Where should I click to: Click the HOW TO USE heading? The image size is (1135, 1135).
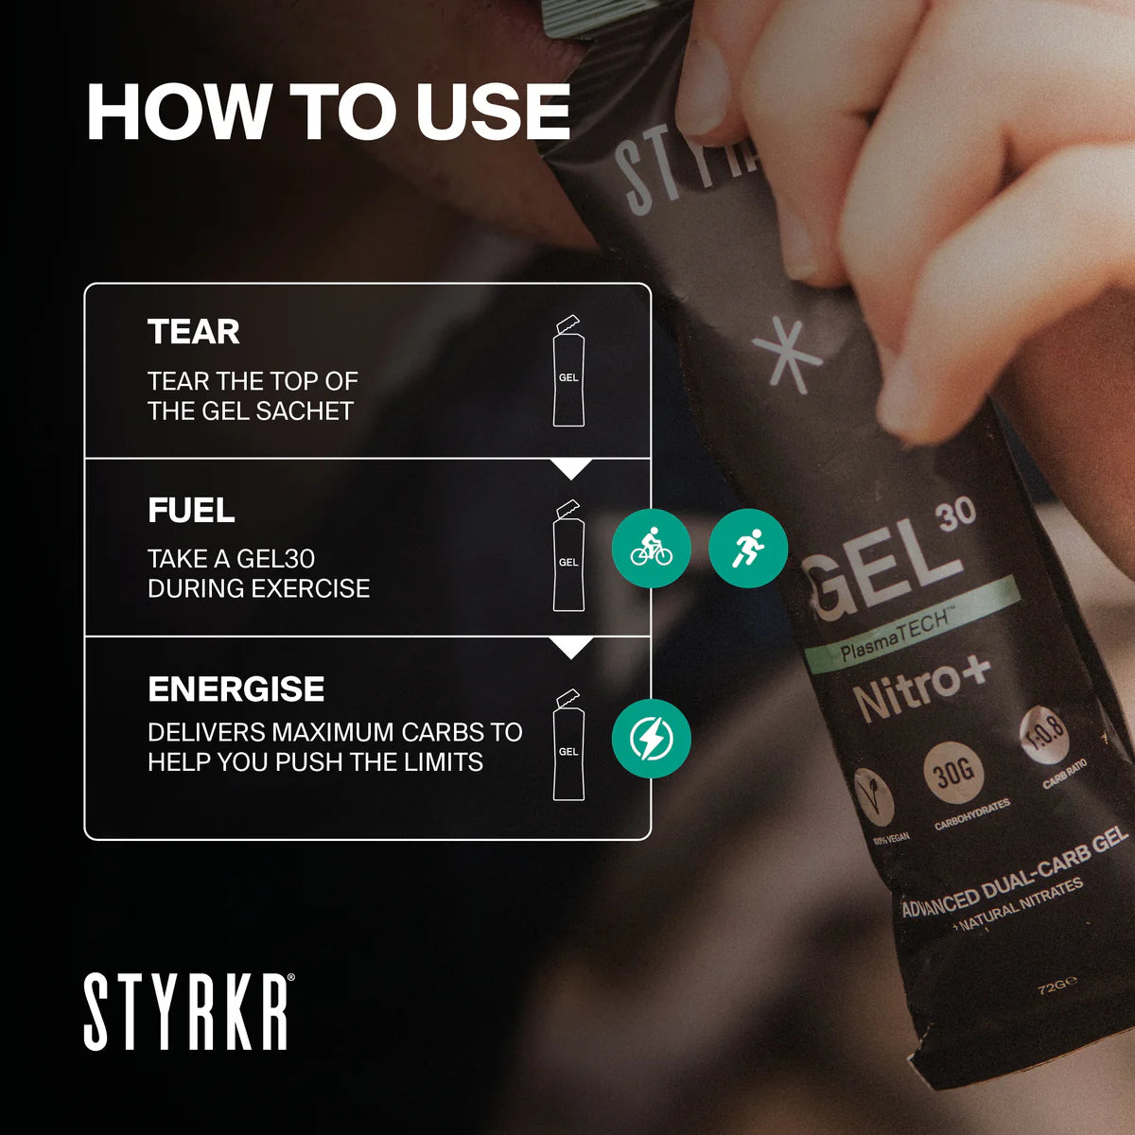point(328,113)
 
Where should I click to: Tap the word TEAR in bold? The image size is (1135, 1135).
point(194,332)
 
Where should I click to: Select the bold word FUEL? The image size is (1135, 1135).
point(191,511)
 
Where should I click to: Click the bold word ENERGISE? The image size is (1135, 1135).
point(236,690)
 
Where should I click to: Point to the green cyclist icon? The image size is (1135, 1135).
point(651,549)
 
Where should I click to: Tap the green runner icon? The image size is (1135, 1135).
point(747,549)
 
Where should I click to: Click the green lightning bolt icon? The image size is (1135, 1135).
point(651,739)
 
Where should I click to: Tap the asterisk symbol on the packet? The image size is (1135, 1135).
point(787,355)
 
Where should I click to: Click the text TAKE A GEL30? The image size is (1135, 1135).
point(231,559)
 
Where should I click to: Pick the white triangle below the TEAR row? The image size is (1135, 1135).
point(571,468)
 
